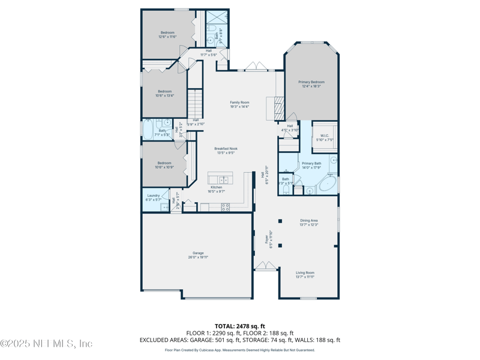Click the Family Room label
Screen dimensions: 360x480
239,103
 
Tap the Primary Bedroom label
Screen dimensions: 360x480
311,82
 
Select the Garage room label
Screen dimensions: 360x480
198,253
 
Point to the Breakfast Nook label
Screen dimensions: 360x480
226,148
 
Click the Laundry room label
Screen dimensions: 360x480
153,195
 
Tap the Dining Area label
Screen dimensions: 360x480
309,220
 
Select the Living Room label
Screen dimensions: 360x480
305,273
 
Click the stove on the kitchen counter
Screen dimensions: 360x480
226,207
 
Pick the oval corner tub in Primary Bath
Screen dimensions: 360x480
327,183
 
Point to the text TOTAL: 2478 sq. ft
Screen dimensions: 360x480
240,326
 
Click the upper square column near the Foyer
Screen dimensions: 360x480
280,221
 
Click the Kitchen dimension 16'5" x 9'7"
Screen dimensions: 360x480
216,191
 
